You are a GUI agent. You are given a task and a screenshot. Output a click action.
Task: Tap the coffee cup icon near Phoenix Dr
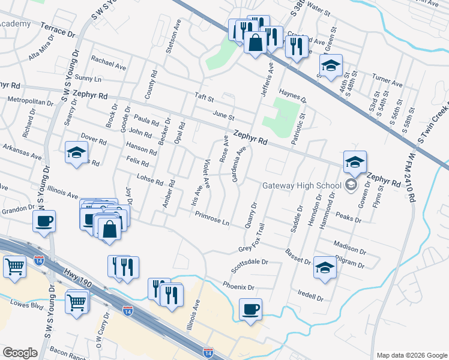(x=250, y=310)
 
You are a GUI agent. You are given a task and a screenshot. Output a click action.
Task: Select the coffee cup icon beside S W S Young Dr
(x=44, y=222)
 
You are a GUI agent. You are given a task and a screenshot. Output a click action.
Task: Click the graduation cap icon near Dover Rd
(x=77, y=153)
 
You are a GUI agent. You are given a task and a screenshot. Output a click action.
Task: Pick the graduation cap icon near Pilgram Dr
(x=325, y=268)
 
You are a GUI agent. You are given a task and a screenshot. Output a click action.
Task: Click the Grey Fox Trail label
(x=252, y=240)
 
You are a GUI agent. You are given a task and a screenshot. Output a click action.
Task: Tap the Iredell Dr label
(x=310, y=296)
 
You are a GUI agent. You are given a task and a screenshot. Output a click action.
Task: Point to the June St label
(x=223, y=115)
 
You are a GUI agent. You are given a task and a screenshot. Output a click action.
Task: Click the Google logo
(x=20, y=353)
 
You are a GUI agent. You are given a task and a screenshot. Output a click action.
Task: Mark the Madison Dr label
(x=349, y=248)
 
